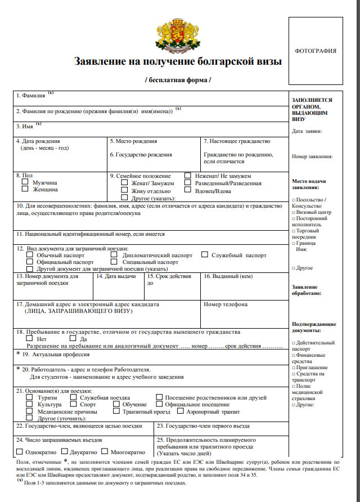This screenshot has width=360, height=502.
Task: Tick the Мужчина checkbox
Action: [25, 182]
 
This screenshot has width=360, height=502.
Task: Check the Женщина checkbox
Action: [25, 190]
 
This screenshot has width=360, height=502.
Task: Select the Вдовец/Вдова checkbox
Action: [188, 191]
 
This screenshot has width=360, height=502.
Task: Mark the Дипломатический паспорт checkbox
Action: [114, 255]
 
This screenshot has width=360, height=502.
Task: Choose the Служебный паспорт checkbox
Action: [205, 255]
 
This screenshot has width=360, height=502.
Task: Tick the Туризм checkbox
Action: [30, 397]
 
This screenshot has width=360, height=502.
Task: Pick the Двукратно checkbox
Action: [64, 451]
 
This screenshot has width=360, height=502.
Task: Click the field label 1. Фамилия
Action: [31, 96]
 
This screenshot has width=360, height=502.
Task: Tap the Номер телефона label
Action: [226, 304]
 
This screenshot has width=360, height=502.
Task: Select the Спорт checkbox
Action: [75, 404]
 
